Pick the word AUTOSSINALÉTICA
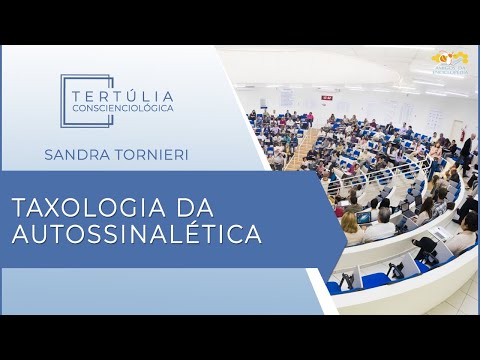(x=136, y=236)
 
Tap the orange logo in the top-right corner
(x=449, y=62)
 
